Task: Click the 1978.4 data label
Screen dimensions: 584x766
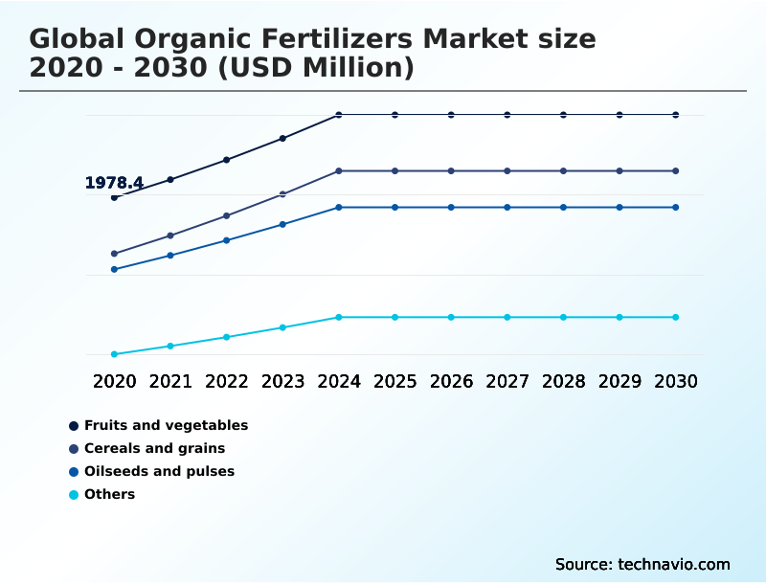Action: point(114,183)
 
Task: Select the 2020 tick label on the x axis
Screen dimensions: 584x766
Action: point(114,381)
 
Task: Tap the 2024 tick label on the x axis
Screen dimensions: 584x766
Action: point(339,381)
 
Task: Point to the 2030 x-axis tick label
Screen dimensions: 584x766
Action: point(676,381)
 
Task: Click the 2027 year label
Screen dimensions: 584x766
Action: point(507,381)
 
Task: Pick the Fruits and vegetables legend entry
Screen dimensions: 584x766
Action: point(166,425)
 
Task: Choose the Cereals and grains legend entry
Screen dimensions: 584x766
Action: point(154,448)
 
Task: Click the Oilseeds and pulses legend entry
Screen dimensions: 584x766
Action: point(159,471)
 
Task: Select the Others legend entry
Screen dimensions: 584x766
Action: point(109,494)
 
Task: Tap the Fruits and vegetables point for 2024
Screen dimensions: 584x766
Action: point(339,115)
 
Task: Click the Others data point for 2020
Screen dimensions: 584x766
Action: point(114,354)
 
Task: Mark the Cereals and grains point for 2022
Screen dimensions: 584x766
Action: point(226,215)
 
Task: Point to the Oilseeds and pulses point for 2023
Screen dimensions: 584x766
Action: point(282,224)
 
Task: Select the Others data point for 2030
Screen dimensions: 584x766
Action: point(676,317)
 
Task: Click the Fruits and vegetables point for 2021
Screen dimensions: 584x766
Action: point(170,179)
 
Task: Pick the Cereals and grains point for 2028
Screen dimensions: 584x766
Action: point(563,170)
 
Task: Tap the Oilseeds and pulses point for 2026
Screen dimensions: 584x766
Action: point(451,207)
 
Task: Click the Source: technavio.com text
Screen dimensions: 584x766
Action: point(642,564)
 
